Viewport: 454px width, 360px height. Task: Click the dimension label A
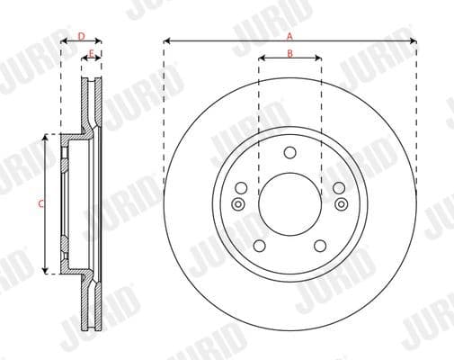289,35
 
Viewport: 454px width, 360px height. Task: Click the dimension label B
289,53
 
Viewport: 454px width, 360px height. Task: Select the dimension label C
40,203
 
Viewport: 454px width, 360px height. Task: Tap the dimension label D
81,36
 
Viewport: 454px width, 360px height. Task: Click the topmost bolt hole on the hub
289,152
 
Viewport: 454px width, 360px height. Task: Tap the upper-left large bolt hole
241,188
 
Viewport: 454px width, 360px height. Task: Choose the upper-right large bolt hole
339,188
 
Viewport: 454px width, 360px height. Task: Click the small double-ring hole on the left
238,204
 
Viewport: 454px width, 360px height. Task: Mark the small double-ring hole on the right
342,204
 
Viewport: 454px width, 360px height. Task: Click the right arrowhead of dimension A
414,40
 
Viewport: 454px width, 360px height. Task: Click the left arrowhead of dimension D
64,41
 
